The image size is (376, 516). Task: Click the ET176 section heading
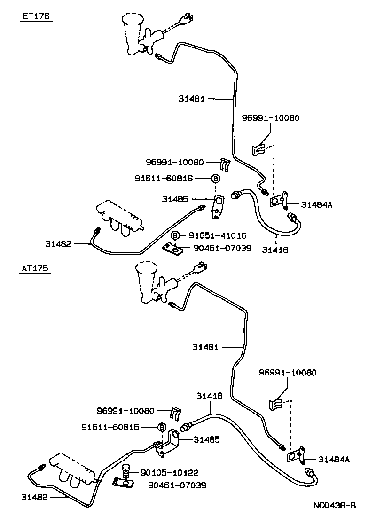pyautogui.click(x=36, y=17)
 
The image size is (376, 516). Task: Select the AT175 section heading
pyautogui.click(x=36, y=269)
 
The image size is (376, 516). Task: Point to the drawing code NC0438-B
pyautogui.click(x=335, y=506)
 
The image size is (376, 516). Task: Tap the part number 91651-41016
pyautogui.click(x=218, y=235)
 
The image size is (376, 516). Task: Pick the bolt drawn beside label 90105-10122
pyautogui.click(x=125, y=470)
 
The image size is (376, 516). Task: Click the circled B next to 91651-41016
pyautogui.click(x=175, y=235)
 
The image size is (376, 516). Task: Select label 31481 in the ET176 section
pyautogui.click(x=191, y=99)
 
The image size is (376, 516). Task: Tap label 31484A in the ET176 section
pyautogui.click(x=317, y=204)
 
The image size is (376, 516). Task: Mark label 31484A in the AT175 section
pyautogui.click(x=334, y=459)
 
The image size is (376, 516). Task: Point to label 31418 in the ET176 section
pyautogui.click(x=275, y=250)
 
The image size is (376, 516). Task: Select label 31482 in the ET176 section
pyautogui.click(x=58, y=243)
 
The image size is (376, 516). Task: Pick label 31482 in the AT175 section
pyautogui.click(x=34, y=497)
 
